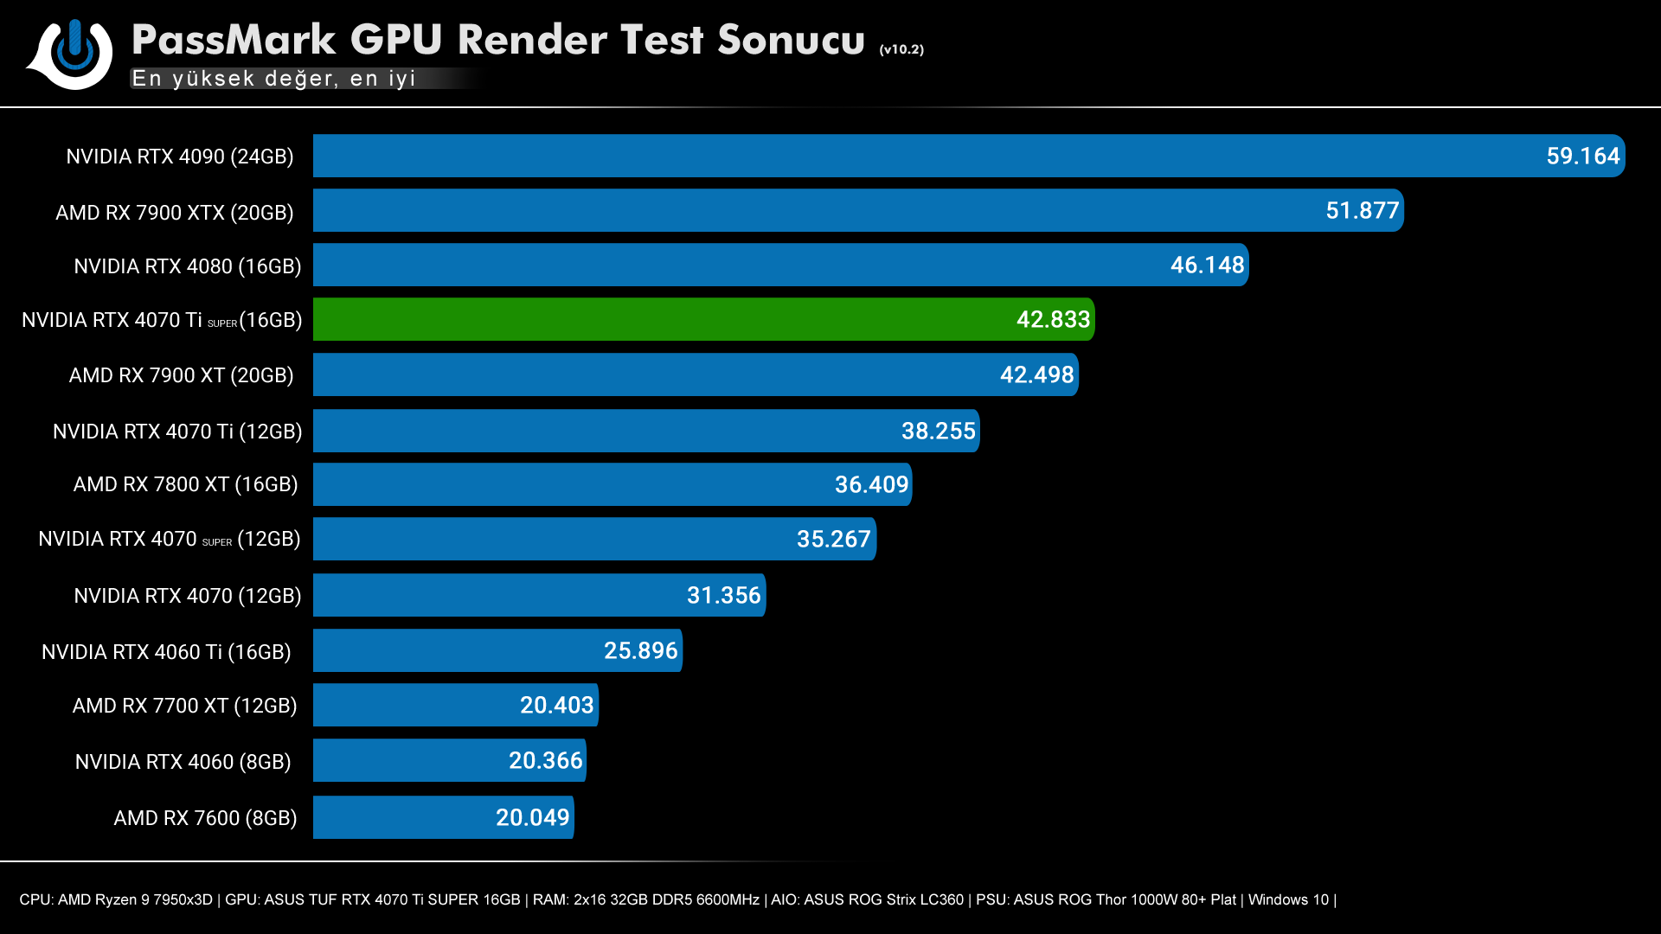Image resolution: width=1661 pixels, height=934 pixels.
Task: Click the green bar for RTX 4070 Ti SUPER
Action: (x=657, y=319)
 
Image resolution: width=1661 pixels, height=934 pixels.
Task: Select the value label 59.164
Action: (x=1582, y=157)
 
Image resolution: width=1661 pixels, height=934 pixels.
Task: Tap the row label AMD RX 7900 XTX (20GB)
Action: (x=174, y=213)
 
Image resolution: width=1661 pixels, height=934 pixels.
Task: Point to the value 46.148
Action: (x=1207, y=265)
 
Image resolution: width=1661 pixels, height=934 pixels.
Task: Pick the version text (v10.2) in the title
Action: (x=901, y=50)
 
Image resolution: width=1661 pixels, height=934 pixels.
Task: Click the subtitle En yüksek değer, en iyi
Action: (x=273, y=79)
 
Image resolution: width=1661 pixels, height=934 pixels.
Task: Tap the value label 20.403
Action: (x=556, y=706)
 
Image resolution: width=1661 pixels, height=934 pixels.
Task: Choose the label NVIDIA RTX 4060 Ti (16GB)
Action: (x=166, y=652)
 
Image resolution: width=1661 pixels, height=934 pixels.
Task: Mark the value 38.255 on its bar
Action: (x=938, y=432)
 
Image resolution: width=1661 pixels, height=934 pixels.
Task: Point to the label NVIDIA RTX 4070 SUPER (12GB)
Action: (x=169, y=540)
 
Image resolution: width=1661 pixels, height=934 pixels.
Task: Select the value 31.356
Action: (x=723, y=596)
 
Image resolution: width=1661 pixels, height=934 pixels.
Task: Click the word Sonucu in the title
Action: (x=791, y=40)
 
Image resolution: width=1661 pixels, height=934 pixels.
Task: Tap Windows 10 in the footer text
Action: (x=1287, y=899)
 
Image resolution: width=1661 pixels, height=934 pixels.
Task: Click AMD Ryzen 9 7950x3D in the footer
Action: (x=135, y=899)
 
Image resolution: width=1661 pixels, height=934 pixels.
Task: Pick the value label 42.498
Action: (x=1036, y=375)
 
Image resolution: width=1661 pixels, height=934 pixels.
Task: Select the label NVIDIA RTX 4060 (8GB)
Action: (x=183, y=762)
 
